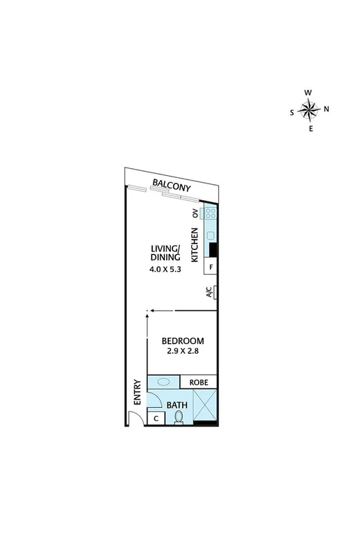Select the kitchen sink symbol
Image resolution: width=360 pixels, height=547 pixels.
tap(210, 235)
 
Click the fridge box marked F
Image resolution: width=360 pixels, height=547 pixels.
tap(211, 266)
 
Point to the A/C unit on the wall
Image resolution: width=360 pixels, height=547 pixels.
tap(216, 293)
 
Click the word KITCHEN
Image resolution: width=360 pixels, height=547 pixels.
tap(195, 243)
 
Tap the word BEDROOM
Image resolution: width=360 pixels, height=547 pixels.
tap(181, 341)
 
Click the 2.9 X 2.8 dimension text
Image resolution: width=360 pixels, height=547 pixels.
tap(181, 351)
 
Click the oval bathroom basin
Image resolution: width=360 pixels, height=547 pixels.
tap(164, 381)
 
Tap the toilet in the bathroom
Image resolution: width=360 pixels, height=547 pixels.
tap(179, 416)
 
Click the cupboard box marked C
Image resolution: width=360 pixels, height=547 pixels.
tap(156, 418)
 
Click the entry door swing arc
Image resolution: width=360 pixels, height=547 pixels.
tap(135, 416)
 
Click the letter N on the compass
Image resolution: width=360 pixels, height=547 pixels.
tap(326, 108)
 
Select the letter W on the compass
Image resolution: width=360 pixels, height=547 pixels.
tap(309, 92)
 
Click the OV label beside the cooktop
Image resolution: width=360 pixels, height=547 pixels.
tap(195, 214)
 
